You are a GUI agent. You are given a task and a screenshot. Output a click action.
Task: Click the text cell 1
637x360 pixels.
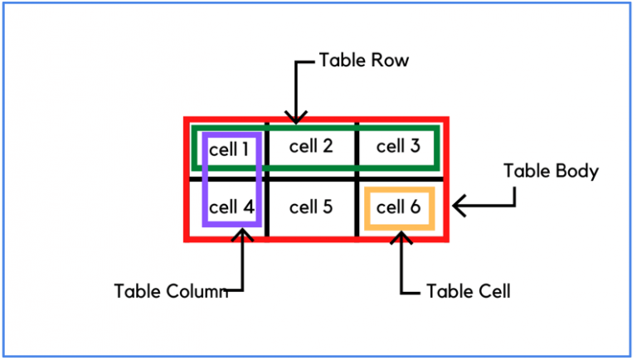pos(229,149)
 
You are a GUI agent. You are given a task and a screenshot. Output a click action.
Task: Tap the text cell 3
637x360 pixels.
pos(398,147)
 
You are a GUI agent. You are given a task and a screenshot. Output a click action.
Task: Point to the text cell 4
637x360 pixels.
pos(231,207)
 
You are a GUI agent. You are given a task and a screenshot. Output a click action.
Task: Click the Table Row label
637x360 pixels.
pos(364,61)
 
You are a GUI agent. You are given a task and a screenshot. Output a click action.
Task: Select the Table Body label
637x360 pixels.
pos(551,171)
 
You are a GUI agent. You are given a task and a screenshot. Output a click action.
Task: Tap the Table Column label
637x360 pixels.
pos(171,291)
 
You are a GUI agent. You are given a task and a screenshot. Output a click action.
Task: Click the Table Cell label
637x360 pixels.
pos(468,291)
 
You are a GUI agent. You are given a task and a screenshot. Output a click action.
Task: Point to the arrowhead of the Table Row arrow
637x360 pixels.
pos(296,119)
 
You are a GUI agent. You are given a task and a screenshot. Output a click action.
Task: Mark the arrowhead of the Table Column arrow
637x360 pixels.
pos(243,235)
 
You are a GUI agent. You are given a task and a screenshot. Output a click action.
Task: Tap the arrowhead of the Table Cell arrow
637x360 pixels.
pos(402,236)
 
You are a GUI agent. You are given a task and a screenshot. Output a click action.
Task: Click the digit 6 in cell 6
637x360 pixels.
pos(416,207)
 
